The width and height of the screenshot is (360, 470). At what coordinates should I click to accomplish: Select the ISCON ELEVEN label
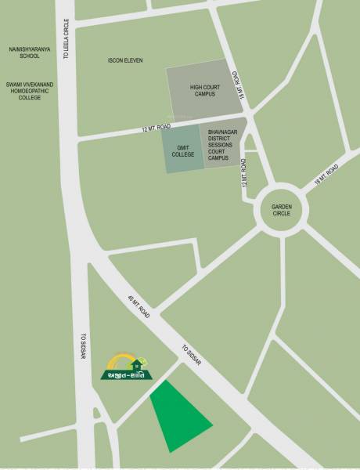point(126,60)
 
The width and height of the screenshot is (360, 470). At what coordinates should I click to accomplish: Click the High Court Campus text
point(205,91)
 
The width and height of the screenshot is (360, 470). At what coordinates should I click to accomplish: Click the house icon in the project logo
point(136,363)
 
